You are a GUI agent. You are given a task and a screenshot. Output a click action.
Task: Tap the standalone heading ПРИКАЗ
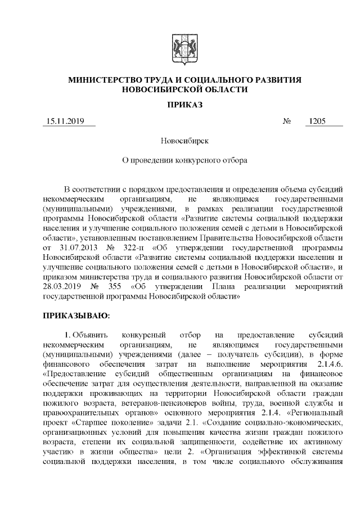(x=184, y=105)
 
